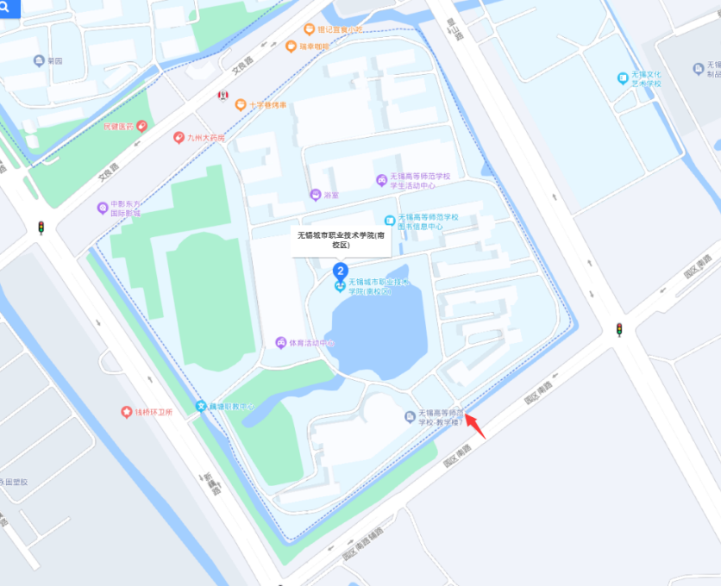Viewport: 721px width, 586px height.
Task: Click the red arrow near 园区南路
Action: pyautogui.click(x=476, y=427)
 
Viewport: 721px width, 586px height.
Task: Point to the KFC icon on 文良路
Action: pyautogui.click(x=223, y=94)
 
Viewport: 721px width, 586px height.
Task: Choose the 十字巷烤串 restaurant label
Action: pyautogui.click(x=263, y=105)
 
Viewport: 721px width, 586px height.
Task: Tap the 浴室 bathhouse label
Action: pyautogui.click(x=324, y=195)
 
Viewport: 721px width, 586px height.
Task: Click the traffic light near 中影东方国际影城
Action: pyautogui.click(x=40, y=228)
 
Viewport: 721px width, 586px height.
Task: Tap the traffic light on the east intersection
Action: pyautogui.click(x=618, y=329)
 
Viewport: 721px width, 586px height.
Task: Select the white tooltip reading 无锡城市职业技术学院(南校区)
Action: pyautogui.click(x=341, y=240)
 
